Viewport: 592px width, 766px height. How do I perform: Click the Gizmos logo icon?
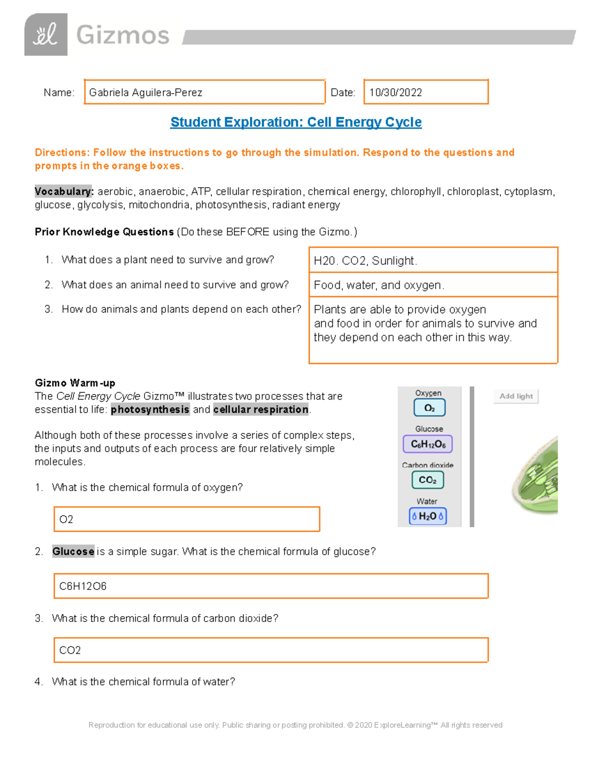click(46, 35)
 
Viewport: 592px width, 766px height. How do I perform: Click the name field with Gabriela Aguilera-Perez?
click(204, 92)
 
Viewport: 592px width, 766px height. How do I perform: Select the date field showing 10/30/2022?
click(426, 92)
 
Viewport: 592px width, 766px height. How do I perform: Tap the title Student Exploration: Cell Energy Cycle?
click(296, 122)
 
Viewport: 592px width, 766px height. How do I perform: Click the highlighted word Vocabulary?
click(64, 191)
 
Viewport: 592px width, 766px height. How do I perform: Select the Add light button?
click(516, 396)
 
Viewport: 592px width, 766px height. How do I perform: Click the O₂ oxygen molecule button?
click(429, 408)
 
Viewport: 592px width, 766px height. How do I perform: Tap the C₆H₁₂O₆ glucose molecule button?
click(428, 444)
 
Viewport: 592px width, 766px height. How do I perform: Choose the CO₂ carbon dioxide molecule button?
click(428, 480)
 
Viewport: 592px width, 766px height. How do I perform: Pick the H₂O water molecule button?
click(428, 516)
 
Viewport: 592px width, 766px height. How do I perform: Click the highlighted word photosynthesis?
click(150, 409)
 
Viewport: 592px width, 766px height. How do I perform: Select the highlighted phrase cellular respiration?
click(261, 409)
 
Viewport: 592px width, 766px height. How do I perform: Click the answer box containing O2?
click(186, 519)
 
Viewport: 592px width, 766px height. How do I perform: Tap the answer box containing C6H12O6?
click(271, 586)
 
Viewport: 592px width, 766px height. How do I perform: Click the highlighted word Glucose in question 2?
click(73, 551)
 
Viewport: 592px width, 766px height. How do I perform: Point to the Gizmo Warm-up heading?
click(75, 383)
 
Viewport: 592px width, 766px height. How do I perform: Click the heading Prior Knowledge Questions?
click(104, 232)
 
